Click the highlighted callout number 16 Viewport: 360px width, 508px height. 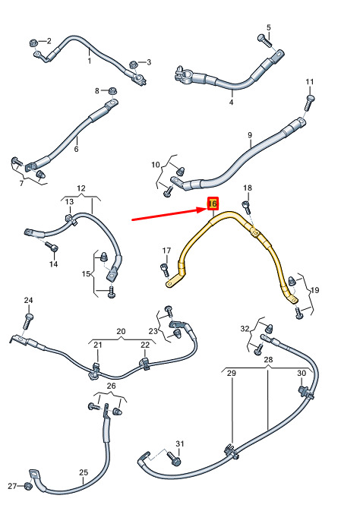pyautogui.click(x=213, y=204)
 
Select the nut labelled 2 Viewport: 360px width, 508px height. pyautogui.click(x=33, y=43)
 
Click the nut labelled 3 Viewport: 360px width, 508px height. pyautogui.click(x=133, y=64)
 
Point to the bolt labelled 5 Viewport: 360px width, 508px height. pyautogui.click(x=265, y=40)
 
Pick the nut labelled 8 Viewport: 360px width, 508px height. pyautogui.click(x=112, y=90)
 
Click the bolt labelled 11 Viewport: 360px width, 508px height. pyautogui.click(x=309, y=102)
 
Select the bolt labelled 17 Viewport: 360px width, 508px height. pyautogui.click(x=165, y=270)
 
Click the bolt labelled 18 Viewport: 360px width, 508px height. pyautogui.click(x=247, y=207)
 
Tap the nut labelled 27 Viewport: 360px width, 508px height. pyautogui.click(x=27, y=486)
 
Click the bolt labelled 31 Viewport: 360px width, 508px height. pyautogui.click(x=174, y=459)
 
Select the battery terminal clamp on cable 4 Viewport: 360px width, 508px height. pyautogui.click(x=182, y=74)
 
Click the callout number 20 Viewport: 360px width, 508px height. pyautogui.click(x=121, y=331)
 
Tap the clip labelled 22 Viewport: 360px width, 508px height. pyautogui.click(x=144, y=364)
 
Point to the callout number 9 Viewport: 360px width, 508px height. pyautogui.click(x=250, y=134)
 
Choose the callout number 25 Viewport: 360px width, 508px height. pyautogui.click(x=84, y=472)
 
